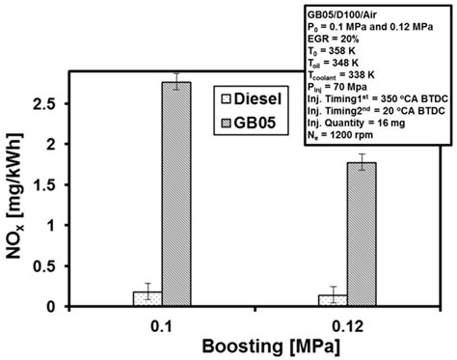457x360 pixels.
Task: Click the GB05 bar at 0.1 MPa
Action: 176,193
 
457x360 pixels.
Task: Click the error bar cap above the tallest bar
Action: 176,73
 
